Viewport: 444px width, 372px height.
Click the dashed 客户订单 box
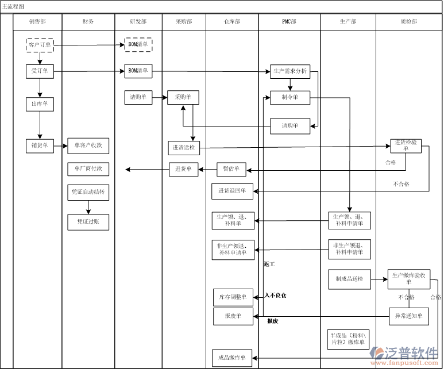click(x=40, y=45)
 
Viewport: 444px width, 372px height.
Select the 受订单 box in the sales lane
click(x=40, y=71)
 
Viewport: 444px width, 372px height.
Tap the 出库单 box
click(x=40, y=104)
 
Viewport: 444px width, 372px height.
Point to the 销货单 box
click(x=40, y=146)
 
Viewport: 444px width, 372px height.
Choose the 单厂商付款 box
click(x=88, y=169)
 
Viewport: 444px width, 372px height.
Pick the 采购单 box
click(x=183, y=97)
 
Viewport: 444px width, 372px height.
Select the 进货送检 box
click(x=184, y=148)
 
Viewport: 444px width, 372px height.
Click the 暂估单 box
click(x=231, y=170)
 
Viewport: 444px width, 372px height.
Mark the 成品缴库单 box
click(x=232, y=358)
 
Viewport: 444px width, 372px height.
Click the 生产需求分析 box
click(x=290, y=72)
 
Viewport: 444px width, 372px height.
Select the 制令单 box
click(x=290, y=97)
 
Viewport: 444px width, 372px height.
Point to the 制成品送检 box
click(x=349, y=279)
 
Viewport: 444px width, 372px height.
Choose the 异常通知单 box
click(x=408, y=316)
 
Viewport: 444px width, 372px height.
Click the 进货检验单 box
click(x=406, y=145)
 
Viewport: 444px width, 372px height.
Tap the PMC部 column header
click(x=289, y=21)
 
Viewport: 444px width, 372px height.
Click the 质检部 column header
click(x=408, y=21)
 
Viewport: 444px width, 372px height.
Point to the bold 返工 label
click(x=269, y=264)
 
